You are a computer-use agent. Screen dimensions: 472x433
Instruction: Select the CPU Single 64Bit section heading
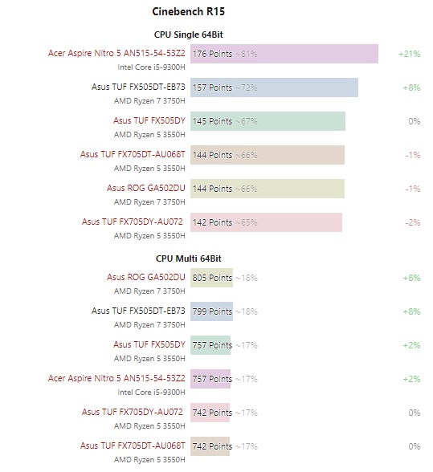click(188, 35)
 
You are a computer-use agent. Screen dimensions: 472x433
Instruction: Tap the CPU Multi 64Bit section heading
click(188, 258)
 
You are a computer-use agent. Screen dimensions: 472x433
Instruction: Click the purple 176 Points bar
click(284, 54)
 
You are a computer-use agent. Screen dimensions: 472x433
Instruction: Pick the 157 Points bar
click(274, 87)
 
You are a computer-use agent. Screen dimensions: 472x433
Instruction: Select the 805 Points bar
click(211, 278)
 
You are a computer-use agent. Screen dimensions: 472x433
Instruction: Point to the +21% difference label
click(409, 54)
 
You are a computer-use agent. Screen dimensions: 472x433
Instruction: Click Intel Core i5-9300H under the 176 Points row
click(151, 67)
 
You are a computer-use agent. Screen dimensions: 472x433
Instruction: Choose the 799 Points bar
click(211, 311)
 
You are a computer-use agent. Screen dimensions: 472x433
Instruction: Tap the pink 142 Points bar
click(266, 222)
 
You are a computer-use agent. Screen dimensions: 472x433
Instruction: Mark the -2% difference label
click(412, 222)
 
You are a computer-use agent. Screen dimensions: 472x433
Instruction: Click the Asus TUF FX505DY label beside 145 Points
click(149, 120)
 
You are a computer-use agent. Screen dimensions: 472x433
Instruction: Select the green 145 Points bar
click(268, 121)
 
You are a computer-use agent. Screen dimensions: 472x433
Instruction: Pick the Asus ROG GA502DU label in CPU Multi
click(145, 277)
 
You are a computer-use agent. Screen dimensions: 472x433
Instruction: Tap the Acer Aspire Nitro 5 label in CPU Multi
click(116, 377)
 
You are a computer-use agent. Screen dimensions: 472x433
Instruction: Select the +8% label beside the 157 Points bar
click(412, 87)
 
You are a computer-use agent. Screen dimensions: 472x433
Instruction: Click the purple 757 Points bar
click(210, 378)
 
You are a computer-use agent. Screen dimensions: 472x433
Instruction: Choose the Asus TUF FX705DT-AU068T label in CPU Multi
click(133, 445)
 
